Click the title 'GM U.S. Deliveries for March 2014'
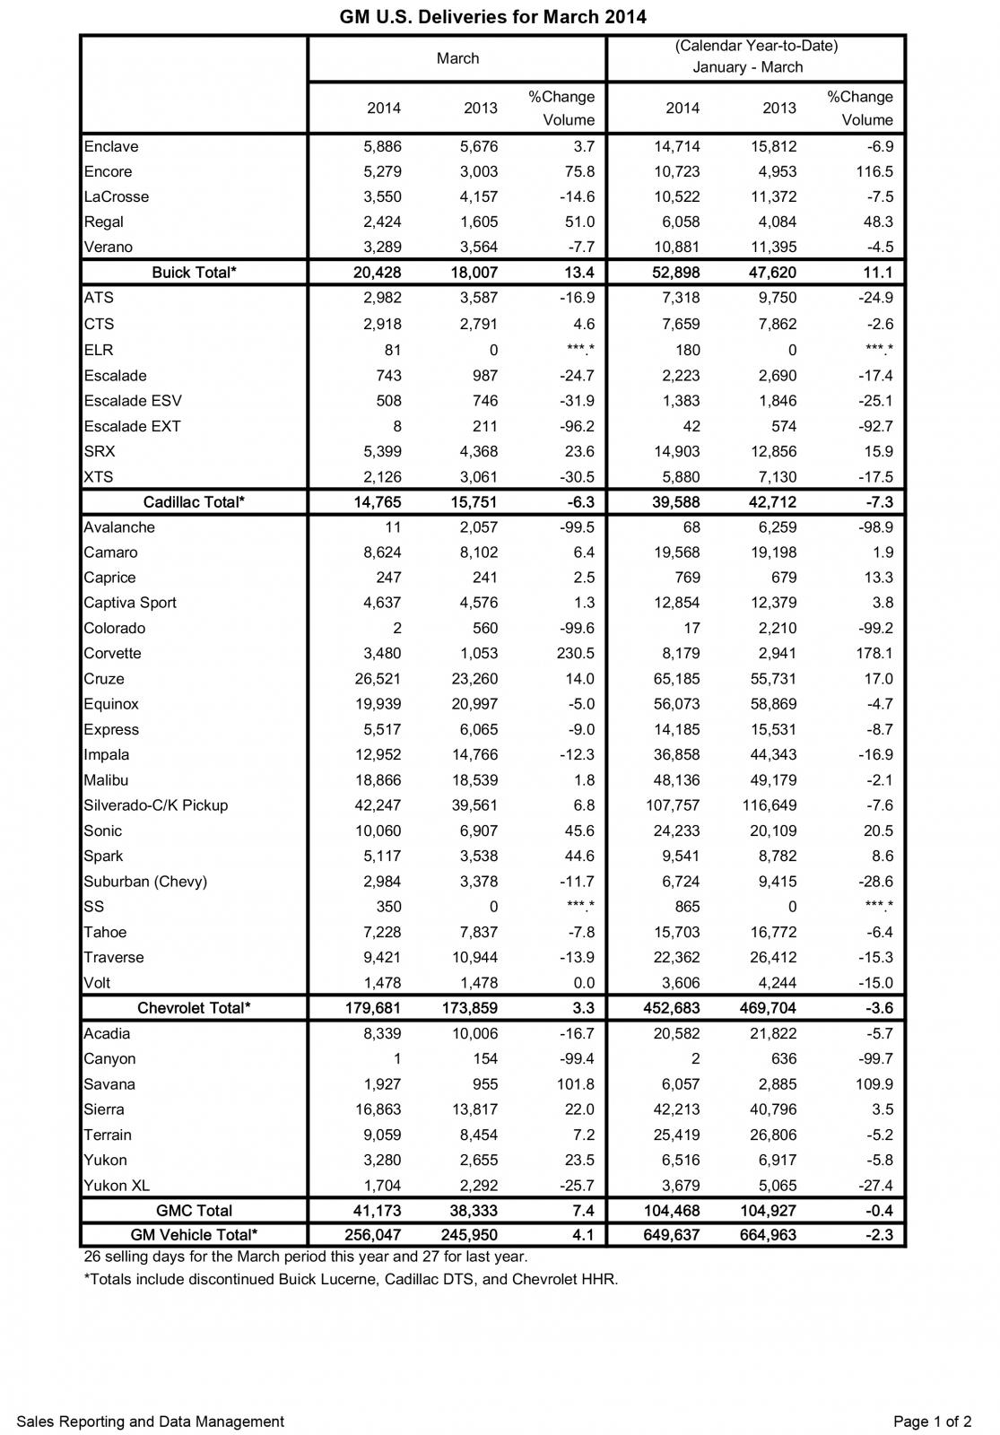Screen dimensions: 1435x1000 click(x=492, y=17)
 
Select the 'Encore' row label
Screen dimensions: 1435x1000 click(x=108, y=171)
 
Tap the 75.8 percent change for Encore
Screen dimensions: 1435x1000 click(x=575, y=171)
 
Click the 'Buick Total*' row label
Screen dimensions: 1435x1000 click(x=194, y=272)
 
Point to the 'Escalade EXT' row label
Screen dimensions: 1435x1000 click(x=132, y=426)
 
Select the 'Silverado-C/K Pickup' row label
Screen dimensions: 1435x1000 click(x=155, y=805)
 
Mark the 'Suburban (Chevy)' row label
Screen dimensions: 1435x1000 click(x=145, y=882)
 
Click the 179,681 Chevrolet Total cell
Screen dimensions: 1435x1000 click(x=372, y=1008)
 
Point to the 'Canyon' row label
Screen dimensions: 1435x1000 click(x=109, y=1059)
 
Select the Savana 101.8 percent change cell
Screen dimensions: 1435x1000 click(x=570, y=1084)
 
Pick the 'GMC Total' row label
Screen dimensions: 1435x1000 click(x=194, y=1211)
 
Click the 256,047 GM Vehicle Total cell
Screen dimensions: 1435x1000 click(x=372, y=1235)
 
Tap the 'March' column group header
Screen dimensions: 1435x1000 click(x=457, y=58)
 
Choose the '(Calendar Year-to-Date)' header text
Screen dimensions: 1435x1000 click(x=756, y=46)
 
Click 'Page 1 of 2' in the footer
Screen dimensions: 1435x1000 click(x=932, y=1422)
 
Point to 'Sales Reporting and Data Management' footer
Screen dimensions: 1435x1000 click(x=150, y=1422)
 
